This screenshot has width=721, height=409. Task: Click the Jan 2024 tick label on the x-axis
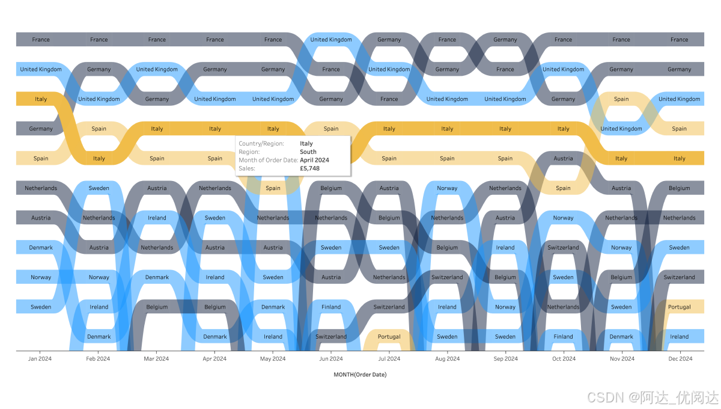(x=40, y=359)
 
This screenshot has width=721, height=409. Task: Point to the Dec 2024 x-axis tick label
(x=680, y=359)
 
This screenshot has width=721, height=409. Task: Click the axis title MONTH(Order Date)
(x=360, y=375)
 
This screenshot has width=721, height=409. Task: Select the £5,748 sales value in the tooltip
(x=309, y=168)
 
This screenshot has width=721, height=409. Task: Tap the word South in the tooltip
(x=308, y=152)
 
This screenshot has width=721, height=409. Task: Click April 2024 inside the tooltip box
(x=314, y=160)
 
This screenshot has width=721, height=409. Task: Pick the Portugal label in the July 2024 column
(x=389, y=337)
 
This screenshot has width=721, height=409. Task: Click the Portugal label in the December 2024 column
(x=680, y=307)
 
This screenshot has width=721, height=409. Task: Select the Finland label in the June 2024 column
(x=331, y=307)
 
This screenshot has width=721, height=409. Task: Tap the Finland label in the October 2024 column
(x=563, y=337)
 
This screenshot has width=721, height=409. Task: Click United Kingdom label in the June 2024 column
(x=331, y=40)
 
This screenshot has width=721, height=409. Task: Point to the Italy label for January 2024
(x=41, y=99)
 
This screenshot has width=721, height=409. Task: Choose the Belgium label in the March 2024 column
(x=157, y=307)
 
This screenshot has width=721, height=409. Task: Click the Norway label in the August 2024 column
(x=447, y=188)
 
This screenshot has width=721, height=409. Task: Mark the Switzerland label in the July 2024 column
(x=389, y=307)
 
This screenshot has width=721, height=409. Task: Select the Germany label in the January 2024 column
(x=41, y=129)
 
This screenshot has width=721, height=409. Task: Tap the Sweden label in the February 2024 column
(x=99, y=188)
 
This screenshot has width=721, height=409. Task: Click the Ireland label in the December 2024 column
(x=680, y=337)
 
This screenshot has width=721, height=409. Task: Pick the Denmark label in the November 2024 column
(x=621, y=337)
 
